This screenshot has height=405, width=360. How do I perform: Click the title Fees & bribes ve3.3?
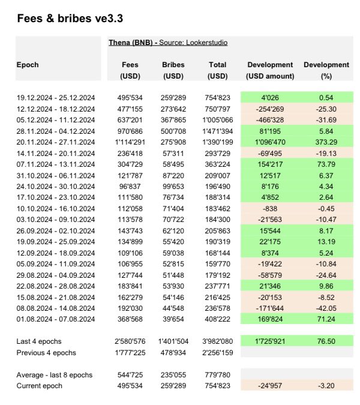(70, 18)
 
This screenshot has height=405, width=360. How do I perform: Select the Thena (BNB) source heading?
(168, 43)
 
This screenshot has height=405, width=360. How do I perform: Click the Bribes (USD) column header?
(173, 70)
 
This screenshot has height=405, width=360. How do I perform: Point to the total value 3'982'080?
(217, 341)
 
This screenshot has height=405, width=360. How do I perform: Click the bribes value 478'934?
(173, 352)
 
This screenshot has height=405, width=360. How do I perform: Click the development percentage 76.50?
(326, 341)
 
